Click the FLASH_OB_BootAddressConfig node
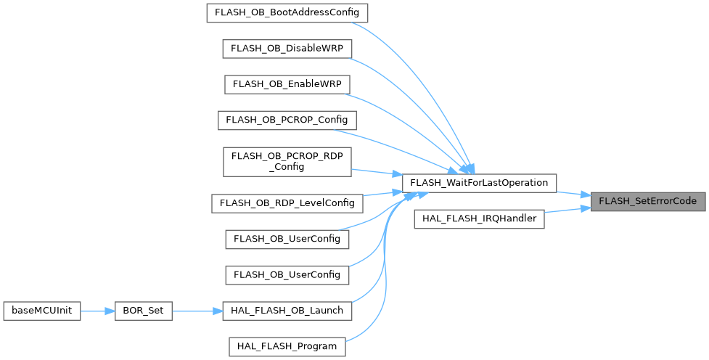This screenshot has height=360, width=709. [287, 13]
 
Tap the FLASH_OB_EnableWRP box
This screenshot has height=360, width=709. [287, 83]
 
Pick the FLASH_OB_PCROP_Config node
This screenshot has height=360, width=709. [287, 119]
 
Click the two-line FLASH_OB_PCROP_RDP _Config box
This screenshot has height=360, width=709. [287, 160]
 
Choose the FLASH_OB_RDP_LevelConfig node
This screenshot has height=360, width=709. [287, 202]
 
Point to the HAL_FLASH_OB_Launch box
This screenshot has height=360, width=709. [287, 311]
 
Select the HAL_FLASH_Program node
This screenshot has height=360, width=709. [287, 346]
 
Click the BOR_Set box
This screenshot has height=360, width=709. [144, 311]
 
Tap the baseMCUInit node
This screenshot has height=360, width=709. [42, 311]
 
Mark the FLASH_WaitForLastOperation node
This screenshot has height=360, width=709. [480, 182]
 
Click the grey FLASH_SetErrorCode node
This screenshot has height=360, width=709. [647, 200]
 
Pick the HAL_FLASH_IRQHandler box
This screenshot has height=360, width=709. [480, 218]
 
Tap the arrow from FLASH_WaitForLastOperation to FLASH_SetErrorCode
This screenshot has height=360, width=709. [573, 193]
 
